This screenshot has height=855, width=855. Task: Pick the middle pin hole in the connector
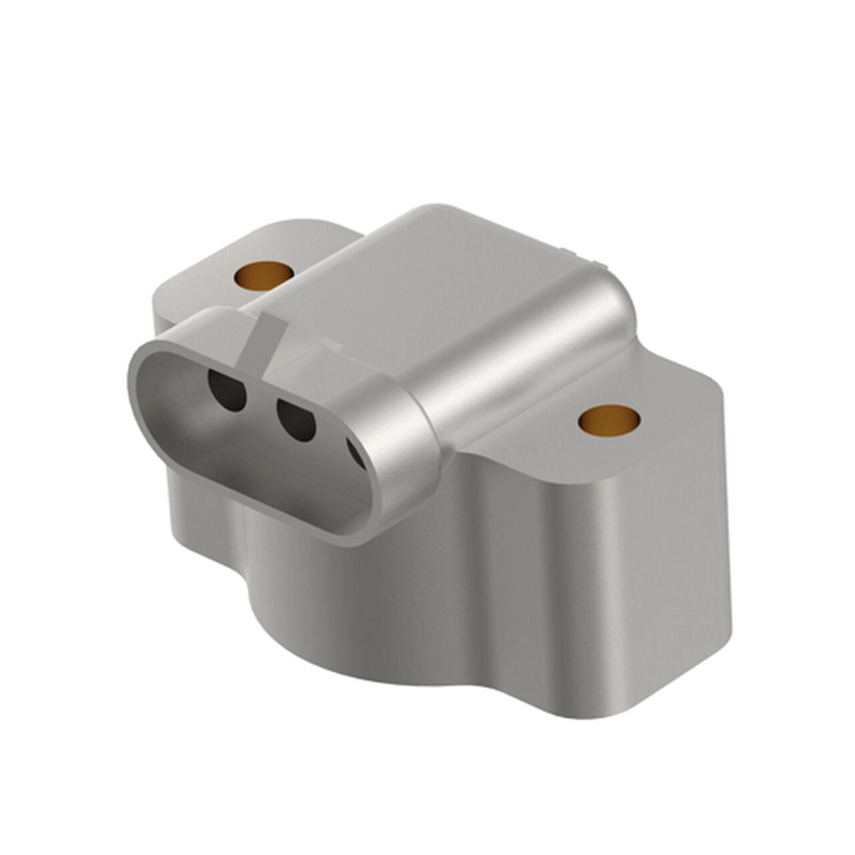pyautogui.click(x=296, y=419)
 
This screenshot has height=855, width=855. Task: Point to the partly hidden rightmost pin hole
pyautogui.click(x=356, y=452)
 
